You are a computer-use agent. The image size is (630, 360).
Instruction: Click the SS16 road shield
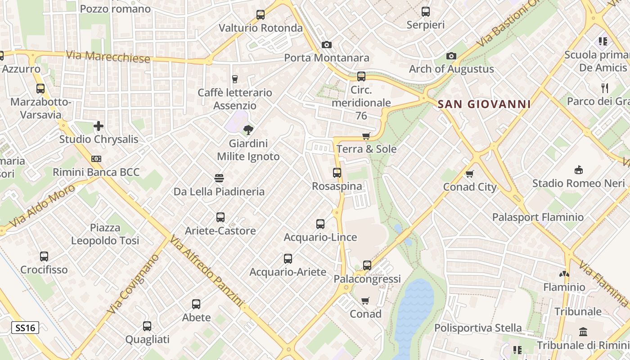pos(25,328)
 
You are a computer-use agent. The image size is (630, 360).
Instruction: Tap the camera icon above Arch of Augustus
pos(451,56)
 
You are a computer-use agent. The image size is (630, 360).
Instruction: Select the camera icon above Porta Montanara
pos(327,45)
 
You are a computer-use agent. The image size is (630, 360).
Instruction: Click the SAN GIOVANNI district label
pos(484,104)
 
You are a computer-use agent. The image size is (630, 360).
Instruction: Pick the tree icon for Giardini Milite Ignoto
pos(248,130)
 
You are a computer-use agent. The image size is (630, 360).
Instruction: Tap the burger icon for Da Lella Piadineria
pos(219,178)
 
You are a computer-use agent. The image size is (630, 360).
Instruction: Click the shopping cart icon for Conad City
pos(470,174)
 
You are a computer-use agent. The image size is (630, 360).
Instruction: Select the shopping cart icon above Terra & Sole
pos(366,136)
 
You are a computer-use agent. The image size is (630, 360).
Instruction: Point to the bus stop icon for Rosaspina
pos(337,172)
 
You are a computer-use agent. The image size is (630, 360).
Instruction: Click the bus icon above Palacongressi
pos(367,265)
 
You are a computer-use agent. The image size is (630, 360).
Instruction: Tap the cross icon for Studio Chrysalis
pos(99,126)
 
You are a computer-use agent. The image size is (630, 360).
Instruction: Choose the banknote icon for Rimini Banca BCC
pos(96,159)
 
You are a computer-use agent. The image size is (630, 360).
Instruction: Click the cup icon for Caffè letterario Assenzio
pos(234,79)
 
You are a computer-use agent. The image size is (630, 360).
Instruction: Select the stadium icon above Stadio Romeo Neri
pos(579,170)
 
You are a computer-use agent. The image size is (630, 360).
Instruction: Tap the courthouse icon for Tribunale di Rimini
pos(583,332)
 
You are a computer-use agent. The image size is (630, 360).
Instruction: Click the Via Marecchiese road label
pos(108,57)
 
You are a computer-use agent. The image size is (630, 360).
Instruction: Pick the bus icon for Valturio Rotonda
pos(261,15)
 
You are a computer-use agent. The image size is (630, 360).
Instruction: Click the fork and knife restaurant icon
pos(605,88)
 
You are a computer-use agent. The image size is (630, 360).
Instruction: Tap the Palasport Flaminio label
pos(538,217)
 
